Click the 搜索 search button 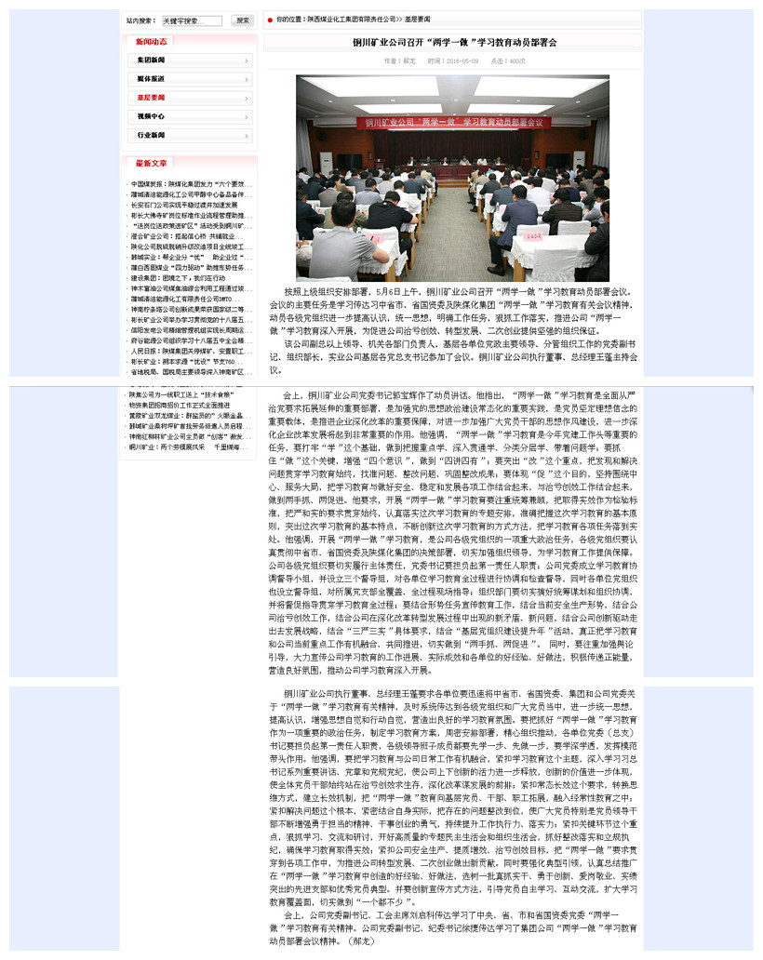242,20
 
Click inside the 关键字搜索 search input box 192,20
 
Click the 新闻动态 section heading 152,41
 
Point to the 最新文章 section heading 152,163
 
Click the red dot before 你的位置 270,19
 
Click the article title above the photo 455,43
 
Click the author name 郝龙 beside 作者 409,61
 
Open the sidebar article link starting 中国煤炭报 186,183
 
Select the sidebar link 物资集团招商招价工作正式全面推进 180,406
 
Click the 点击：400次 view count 508,61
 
